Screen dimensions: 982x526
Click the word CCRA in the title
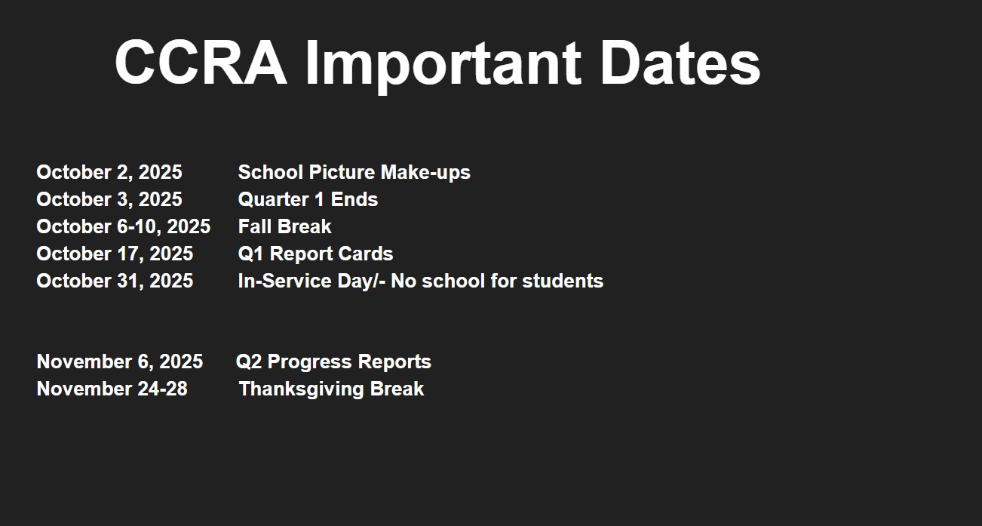[x=201, y=63]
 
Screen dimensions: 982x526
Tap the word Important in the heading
[x=443, y=66]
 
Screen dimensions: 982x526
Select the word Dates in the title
[x=680, y=63]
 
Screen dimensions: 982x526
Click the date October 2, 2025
[x=109, y=172]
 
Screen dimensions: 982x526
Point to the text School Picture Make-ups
[x=354, y=172]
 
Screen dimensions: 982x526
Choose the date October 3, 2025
[x=109, y=199]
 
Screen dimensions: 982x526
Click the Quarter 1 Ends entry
[x=308, y=199]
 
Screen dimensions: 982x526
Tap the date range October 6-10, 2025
[x=124, y=227]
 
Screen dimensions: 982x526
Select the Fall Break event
[x=284, y=227]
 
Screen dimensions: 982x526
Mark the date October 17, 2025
[x=115, y=254]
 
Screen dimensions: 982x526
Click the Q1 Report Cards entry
[x=315, y=254]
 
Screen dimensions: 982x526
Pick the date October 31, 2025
[x=115, y=281]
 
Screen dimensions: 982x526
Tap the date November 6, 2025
[x=120, y=362]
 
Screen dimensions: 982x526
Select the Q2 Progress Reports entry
[x=333, y=362]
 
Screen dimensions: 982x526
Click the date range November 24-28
[x=112, y=389]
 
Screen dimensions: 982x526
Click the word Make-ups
[x=425, y=173]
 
